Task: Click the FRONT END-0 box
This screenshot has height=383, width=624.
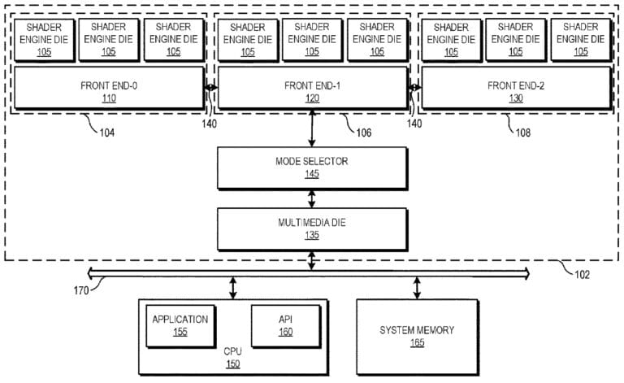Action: pos(109,89)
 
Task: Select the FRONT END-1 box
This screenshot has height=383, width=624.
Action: pos(312,89)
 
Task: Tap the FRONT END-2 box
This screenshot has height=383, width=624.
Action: pos(515,89)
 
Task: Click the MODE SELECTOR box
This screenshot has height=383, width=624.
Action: pos(312,168)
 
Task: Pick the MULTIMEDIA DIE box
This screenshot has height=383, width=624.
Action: pos(312,228)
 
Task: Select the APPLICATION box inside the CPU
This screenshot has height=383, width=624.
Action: pos(180,324)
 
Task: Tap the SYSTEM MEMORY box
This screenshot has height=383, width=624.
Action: pos(418,336)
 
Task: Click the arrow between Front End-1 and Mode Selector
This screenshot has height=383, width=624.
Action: pos(312,128)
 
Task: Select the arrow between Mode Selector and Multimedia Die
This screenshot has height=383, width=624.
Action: pos(312,198)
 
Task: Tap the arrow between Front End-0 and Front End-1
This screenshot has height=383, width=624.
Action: pos(210,89)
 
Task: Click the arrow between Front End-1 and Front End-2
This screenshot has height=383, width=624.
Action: pos(414,89)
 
